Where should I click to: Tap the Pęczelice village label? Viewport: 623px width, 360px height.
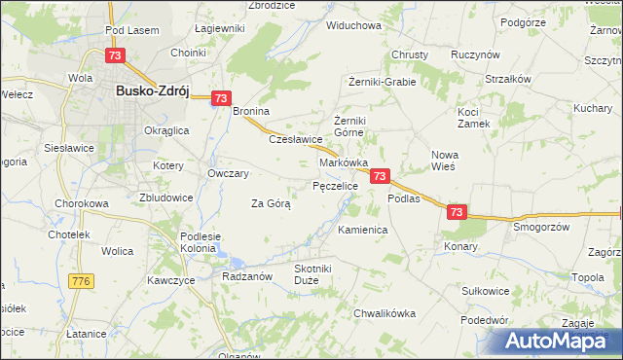tap(336, 185)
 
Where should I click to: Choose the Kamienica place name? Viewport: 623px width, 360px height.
tap(363, 230)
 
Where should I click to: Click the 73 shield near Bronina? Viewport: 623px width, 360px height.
tap(220, 98)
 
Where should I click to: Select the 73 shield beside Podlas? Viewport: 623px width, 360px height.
tap(380, 176)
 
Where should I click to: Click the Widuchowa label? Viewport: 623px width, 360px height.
tap(353, 25)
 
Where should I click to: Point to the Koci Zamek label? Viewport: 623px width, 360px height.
tap(474, 118)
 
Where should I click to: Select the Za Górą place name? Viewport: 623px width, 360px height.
tap(271, 203)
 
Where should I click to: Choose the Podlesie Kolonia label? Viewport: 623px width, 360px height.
tap(202, 242)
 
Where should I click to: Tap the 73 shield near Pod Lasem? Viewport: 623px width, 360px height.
tap(115, 57)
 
